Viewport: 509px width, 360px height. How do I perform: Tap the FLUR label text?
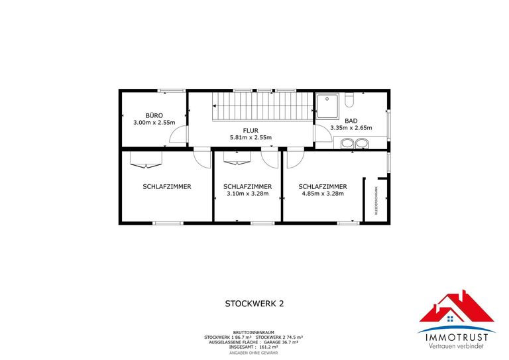tap(251, 130)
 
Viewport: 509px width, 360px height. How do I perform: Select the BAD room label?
tap(351, 121)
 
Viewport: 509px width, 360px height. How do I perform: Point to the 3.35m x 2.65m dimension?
tap(351, 128)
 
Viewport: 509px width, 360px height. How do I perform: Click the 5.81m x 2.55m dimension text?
tap(251, 137)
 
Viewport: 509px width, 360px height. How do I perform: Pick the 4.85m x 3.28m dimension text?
tap(323, 194)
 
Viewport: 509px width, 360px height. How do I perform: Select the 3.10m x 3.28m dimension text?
tap(247, 194)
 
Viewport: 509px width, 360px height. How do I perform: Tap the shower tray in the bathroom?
tap(326, 105)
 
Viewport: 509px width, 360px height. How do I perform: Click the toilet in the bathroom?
tap(351, 100)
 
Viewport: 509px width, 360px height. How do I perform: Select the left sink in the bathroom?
tap(347, 143)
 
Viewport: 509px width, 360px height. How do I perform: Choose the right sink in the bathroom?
tap(363, 143)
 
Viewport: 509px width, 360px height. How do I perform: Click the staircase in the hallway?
tap(261, 107)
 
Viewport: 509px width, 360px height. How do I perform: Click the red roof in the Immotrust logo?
tap(456, 307)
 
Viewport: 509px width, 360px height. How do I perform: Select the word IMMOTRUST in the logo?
tap(456, 337)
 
